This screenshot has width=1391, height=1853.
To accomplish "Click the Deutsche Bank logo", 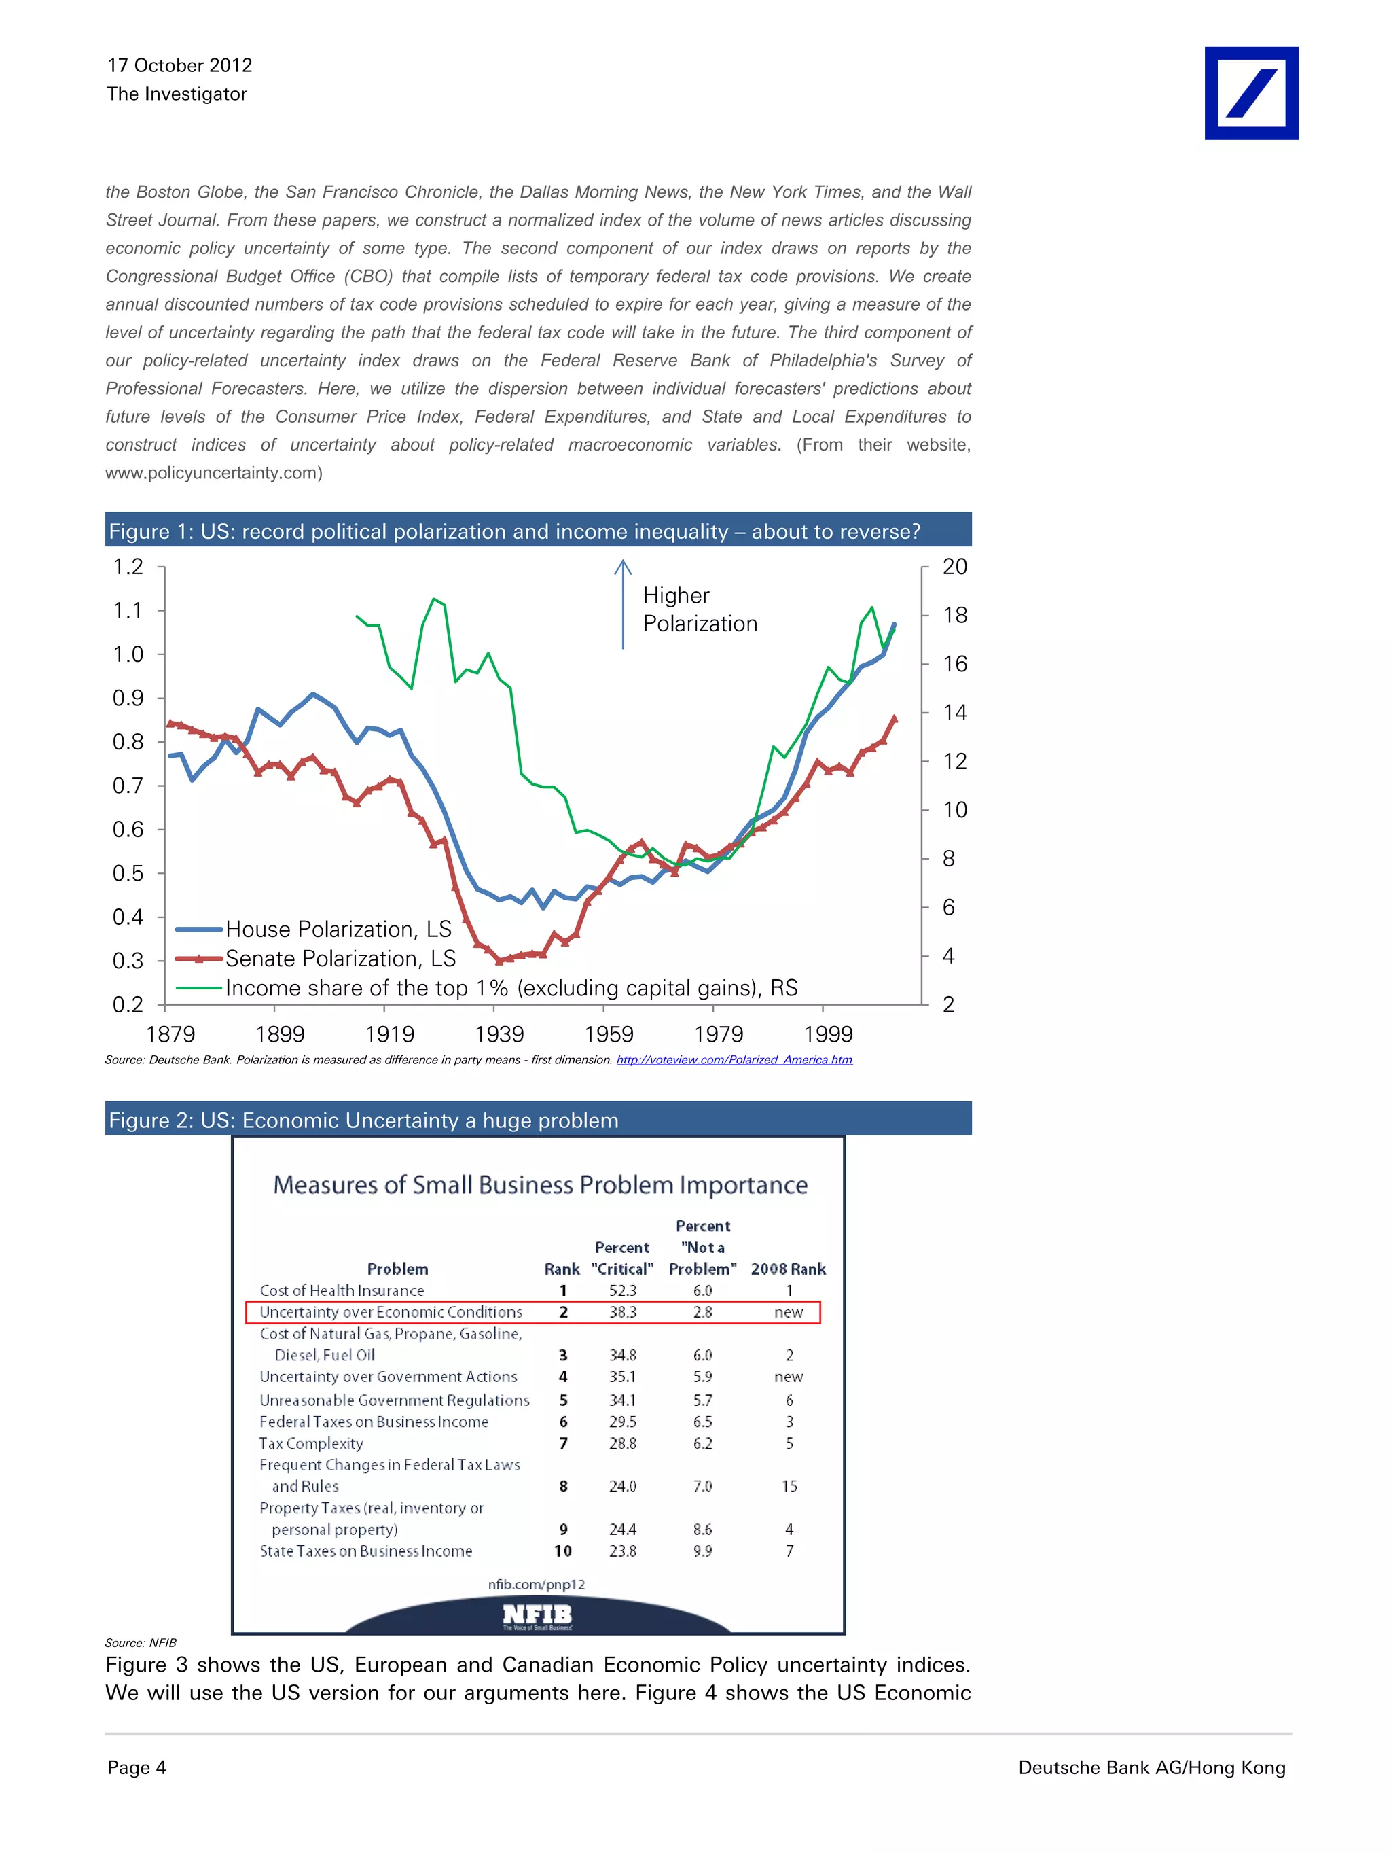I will tap(1250, 93).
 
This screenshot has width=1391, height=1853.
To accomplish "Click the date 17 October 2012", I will tap(179, 65).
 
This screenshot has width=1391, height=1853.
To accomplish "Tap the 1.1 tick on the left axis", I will tap(128, 611).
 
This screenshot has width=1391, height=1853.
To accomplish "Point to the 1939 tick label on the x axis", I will tap(499, 1035).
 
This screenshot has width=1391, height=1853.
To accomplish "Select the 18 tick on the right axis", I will tap(955, 616).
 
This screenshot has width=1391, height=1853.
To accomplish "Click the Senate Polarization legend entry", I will tap(340, 958).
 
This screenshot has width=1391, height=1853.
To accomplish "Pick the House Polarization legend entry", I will tap(338, 929).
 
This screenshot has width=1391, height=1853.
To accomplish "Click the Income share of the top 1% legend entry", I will tap(511, 989).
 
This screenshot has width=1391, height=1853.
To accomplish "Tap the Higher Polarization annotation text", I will tap(700, 609).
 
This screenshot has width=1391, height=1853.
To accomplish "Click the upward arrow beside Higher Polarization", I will tap(622, 603).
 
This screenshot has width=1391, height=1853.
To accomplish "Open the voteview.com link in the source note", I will tap(734, 1060).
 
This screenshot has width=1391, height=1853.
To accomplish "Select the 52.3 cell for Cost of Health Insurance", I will tap(622, 1291).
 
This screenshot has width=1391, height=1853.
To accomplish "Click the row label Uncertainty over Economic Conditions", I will tap(391, 1312).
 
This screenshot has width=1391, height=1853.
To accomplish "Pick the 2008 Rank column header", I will tap(788, 1269).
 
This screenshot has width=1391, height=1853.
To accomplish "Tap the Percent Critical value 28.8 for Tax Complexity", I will tap(622, 1443).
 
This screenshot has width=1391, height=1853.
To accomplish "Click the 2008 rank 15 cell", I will tap(789, 1486).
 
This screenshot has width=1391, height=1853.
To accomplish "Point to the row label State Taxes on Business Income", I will tap(365, 1551).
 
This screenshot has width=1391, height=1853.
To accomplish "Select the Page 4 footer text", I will tap(137, 1767).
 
